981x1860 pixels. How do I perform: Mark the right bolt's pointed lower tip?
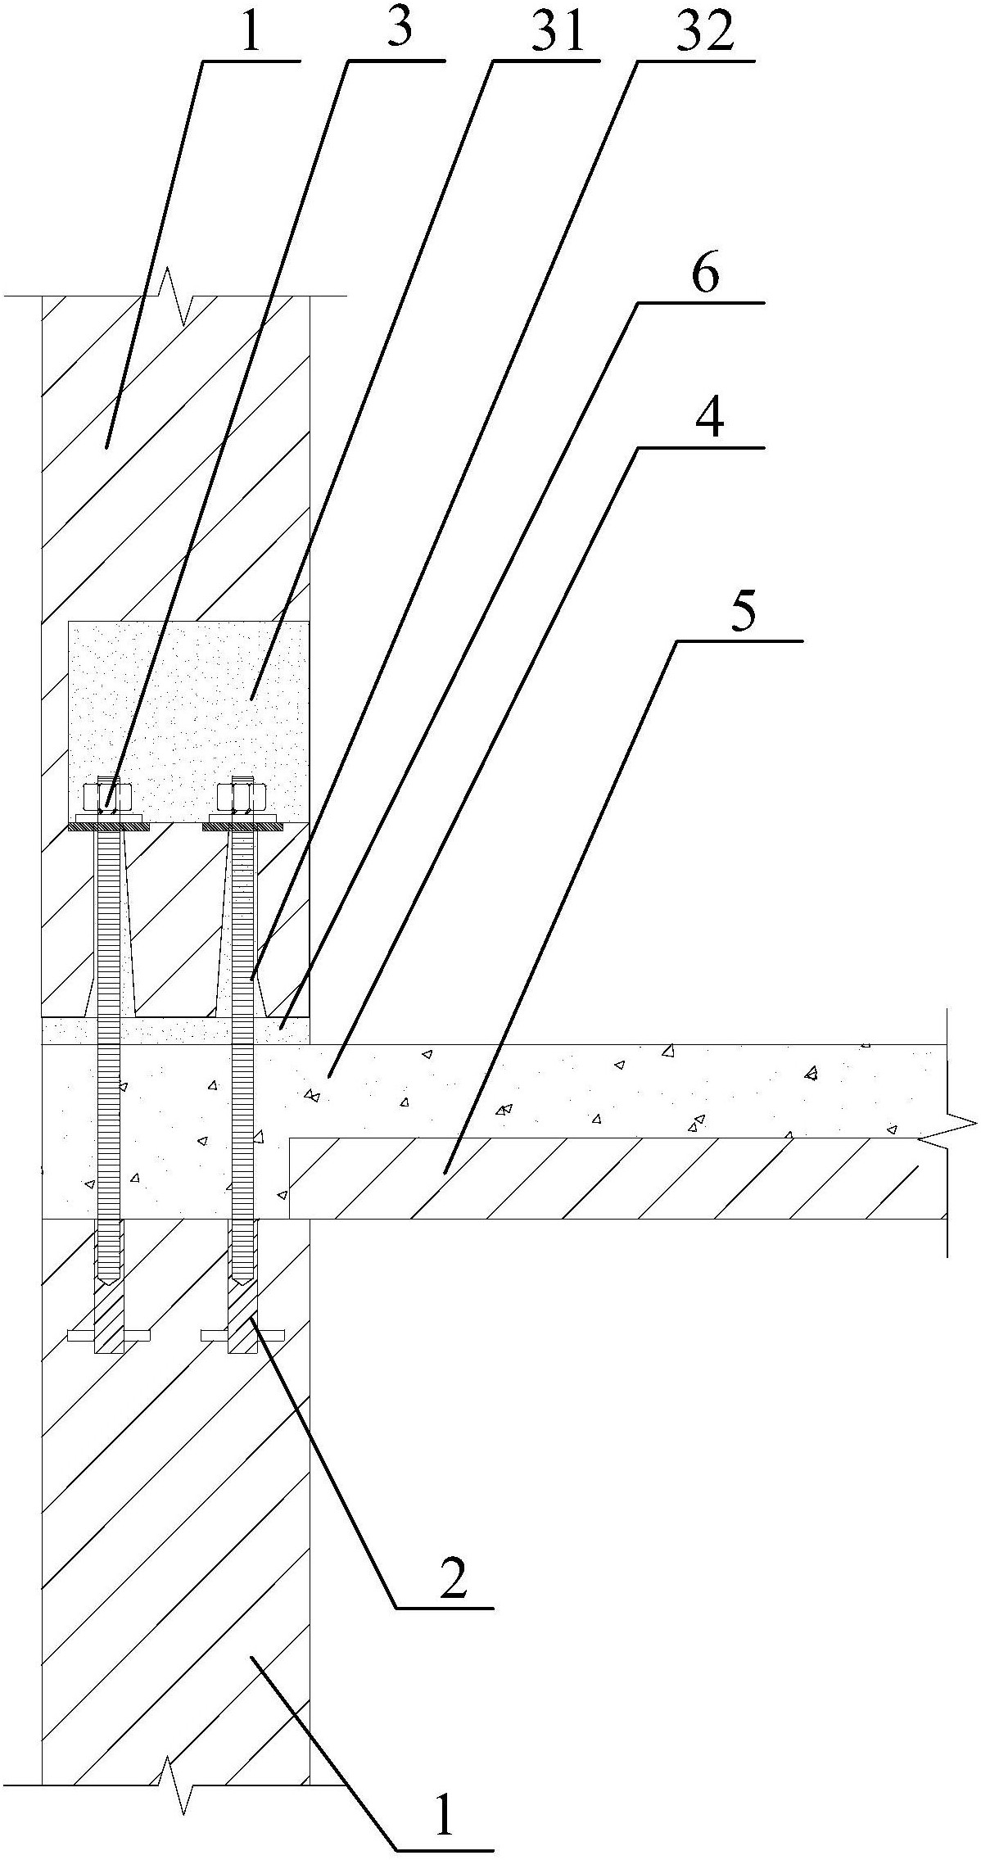242,1277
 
